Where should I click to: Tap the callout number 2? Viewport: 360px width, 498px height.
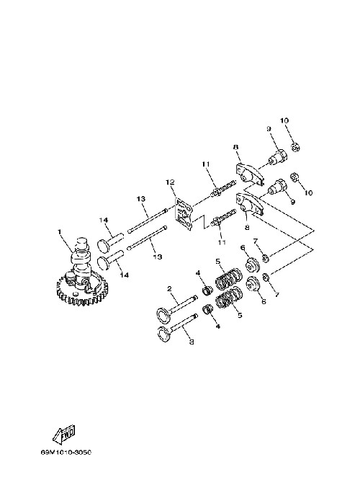(x=169, y=289)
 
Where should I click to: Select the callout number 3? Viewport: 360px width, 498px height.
(x=192, y=342)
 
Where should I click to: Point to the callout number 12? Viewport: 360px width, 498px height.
(x=170, y=182)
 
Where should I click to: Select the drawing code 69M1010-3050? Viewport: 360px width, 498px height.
(x=66, y=453)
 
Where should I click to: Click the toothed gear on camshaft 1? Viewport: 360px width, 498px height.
(x=83, y=289)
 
